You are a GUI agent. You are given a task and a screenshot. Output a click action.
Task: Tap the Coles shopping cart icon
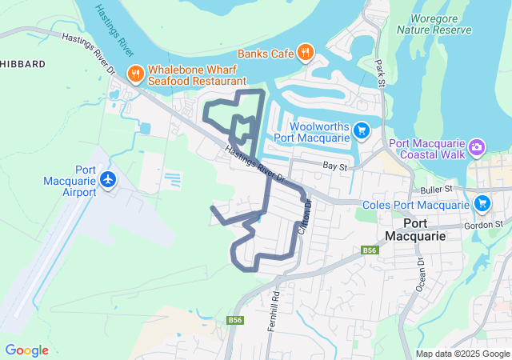[482, 203]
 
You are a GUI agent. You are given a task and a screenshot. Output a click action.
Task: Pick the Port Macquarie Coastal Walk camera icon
[477, 146]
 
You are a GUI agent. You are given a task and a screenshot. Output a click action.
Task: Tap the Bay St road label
[334, 166]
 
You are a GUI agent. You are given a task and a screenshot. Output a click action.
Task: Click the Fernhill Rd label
[274, 305]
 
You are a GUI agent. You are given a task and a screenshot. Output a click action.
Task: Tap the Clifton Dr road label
[303, 217]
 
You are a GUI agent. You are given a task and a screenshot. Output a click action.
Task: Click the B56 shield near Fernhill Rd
[234, 320]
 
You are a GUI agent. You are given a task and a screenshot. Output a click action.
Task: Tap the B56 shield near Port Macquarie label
[369, 250]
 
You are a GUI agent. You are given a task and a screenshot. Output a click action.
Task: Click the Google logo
[26, 350]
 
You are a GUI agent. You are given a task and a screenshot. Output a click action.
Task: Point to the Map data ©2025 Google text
[462, 354]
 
